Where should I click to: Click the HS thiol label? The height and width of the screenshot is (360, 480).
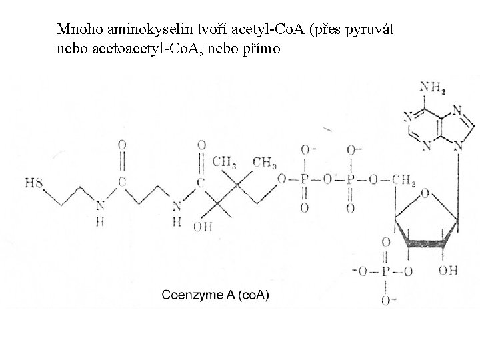coord(33,181)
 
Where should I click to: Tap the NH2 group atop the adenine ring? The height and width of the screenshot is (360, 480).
coord(432,87)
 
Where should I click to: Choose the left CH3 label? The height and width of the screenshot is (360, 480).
coord(225,162)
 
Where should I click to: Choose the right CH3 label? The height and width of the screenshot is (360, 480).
coord(265,162)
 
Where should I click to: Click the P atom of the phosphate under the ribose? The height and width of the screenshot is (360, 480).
coord(385,270)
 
